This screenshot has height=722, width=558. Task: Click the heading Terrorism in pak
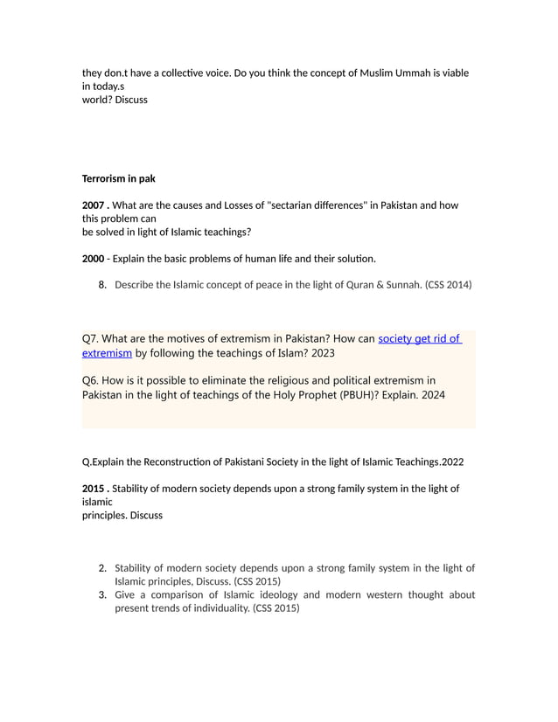pos(118,178)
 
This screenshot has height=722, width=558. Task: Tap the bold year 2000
pos(94,259)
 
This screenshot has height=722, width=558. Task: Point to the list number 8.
pos(102,284)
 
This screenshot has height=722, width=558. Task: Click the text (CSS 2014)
pos(448,284)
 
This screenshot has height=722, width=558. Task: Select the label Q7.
pos(92,339)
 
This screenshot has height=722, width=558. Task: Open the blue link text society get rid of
pos(419,339)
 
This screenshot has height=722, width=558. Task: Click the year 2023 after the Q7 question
pos(318,353)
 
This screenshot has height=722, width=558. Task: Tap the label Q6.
pos(92,380)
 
